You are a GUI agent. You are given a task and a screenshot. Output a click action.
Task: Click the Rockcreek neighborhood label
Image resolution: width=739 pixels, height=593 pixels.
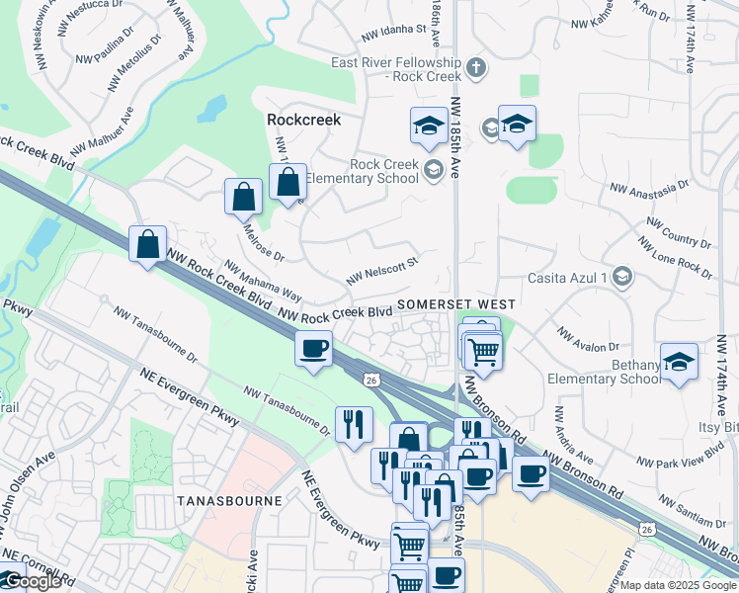tap(303, 120)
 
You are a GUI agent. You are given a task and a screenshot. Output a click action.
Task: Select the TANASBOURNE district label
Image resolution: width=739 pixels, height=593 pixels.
tap(228, 501)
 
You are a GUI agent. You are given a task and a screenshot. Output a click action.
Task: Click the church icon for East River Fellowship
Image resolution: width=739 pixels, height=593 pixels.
tap(476, 68)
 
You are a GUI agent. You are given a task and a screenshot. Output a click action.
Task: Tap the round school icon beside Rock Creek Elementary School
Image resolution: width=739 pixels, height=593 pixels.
tap(432, 171)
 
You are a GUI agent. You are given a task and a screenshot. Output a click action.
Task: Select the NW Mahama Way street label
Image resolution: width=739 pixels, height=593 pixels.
tap(263, 281)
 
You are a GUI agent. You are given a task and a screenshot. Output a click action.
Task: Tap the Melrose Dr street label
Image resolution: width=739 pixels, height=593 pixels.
tap(263, 242)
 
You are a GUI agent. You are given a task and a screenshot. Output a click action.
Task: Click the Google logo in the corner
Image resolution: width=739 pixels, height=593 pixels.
tap(32, 581)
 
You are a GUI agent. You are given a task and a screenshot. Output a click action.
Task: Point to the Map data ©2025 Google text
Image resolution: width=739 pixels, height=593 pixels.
tap(678, 585)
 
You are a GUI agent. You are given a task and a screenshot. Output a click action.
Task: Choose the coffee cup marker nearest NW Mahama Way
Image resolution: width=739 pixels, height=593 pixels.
tap(314, 350)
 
